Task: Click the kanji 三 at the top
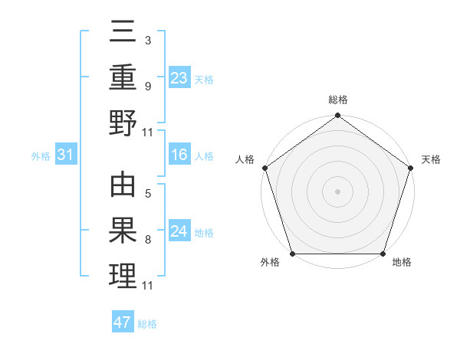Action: click(123, 32)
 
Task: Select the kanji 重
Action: click(123, 77)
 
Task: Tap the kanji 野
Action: click(123, 123)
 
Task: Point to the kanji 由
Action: click(123, 186)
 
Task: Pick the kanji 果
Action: click(123, 231)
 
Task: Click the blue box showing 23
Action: click(179, 77)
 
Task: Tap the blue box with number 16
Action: click(179, 155)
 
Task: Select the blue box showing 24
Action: click(179, 232)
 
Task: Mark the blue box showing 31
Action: click(66, 155)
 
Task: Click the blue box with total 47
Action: click(123, 322)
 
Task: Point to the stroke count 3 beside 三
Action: click(147, 39)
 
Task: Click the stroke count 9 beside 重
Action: click(147, 85)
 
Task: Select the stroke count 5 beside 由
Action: click(147, 194)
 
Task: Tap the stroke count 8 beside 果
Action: click(147, 240)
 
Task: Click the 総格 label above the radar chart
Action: click(337, 100)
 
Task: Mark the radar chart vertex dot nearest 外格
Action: click(292, 254)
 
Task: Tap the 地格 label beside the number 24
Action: click(205, 233)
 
